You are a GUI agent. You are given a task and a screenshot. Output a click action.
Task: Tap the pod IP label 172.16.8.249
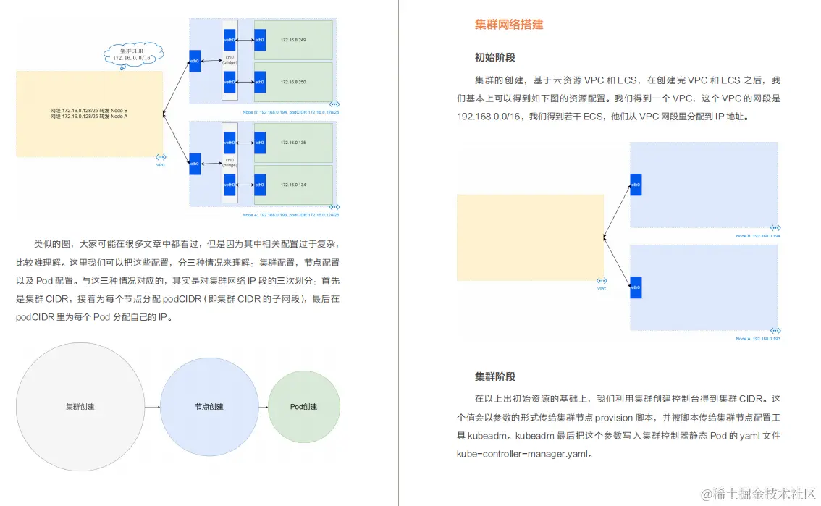(x=293, y=39)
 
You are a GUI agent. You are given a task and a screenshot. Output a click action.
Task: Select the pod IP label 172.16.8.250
(x=293, y=82)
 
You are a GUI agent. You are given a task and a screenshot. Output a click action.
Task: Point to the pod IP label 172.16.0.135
(x=293, y=143)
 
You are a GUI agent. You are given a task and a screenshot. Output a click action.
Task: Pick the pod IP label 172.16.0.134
(x=293, y=185)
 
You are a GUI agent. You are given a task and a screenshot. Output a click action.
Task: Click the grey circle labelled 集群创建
(x=80, y=407)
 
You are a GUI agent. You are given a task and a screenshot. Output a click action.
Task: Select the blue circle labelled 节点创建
(x=209, y=407)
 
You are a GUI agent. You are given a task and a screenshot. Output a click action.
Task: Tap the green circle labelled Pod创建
(x=304, y=407)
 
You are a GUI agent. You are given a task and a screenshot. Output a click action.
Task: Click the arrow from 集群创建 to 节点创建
(x=152, y=407)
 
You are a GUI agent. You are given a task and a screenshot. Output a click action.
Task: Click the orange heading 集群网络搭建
(x=509, y=25)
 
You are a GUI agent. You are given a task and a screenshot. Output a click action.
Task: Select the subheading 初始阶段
(x=495, y=58)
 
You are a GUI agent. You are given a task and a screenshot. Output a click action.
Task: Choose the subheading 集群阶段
(x=495, y=376)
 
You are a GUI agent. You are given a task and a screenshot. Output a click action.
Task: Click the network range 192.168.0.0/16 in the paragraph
(x=491, y=116)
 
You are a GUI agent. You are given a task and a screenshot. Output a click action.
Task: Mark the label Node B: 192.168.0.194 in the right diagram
(x=757, y=236)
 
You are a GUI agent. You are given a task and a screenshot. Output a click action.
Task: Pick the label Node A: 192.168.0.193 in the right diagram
(x=757, y=338)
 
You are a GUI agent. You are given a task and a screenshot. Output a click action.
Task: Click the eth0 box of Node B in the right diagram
(x=636, y=185)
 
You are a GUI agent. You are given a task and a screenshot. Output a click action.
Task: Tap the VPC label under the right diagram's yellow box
(x=601, y=288)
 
